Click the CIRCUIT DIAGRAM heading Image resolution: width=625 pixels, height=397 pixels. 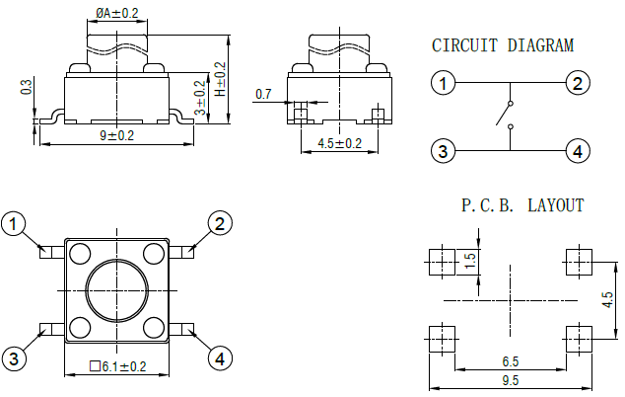click(503, 45)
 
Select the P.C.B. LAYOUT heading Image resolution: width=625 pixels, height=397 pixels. click(522, 205)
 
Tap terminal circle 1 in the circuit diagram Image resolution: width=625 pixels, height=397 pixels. click(445, 83)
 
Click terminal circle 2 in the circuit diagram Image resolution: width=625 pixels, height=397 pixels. click(578, 83)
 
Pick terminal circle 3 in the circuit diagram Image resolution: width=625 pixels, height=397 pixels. click(445, 151)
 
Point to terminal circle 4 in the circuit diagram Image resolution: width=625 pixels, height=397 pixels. click(578, 151)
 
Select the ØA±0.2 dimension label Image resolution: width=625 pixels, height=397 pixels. click(117, 13)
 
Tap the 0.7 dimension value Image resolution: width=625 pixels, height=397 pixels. click(263, 94)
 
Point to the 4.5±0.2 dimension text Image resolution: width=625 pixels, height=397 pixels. click(339, 143)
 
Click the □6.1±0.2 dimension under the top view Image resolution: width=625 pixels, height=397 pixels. click(117, 367)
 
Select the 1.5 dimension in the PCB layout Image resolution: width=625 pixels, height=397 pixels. click(470, 261)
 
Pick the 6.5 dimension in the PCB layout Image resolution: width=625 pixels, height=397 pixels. click(511, 362)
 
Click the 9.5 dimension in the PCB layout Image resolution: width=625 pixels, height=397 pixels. click(511, 379)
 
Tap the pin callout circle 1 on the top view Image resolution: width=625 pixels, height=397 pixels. click(14, 225)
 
